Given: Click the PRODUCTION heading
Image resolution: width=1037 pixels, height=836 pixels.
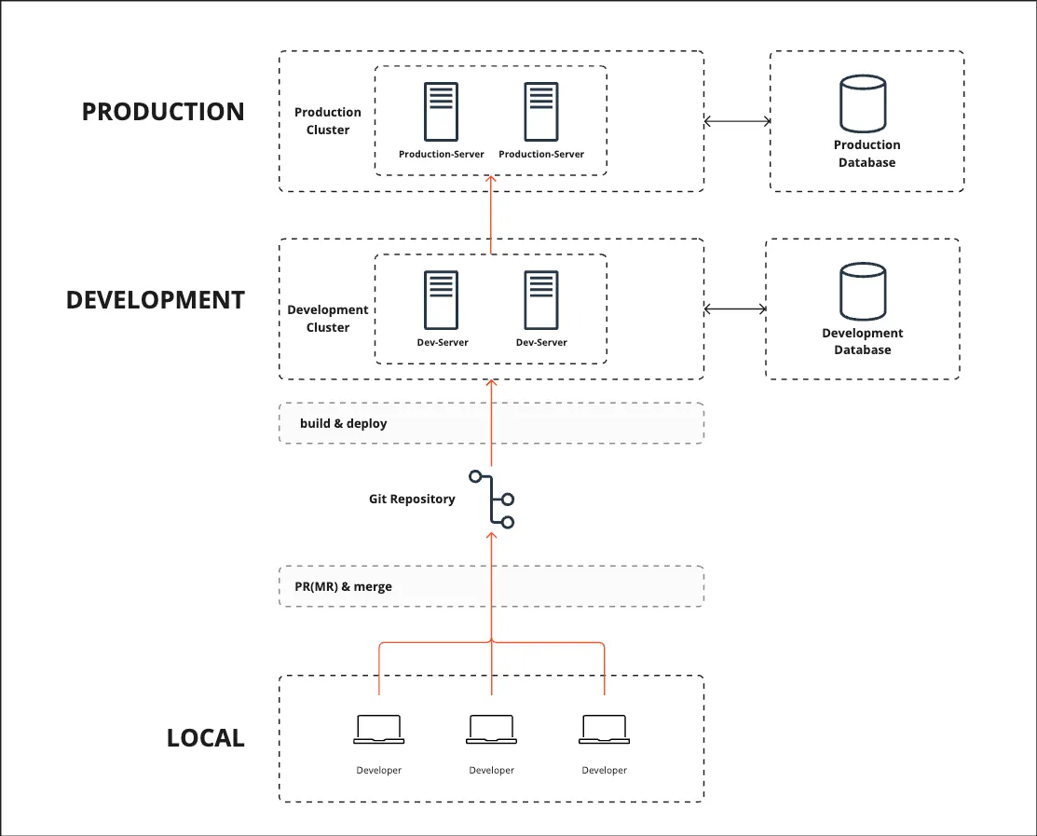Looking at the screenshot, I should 163,112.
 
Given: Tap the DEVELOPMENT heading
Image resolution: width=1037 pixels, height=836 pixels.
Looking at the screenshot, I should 156,300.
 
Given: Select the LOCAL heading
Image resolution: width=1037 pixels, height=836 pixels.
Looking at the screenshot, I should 206,738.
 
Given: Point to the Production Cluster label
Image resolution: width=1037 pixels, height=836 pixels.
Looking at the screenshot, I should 328,121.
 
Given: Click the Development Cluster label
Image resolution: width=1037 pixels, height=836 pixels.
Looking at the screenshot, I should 328,319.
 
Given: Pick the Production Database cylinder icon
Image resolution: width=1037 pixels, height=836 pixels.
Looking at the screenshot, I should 863,105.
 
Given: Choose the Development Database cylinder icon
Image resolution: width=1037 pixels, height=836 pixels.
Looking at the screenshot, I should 863,292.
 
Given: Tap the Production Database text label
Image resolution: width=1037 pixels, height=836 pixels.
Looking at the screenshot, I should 867,154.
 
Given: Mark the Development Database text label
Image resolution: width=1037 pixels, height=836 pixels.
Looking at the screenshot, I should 863,341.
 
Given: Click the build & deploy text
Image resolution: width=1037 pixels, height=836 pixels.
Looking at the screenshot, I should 344,423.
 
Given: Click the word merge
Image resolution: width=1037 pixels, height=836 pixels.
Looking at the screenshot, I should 373,587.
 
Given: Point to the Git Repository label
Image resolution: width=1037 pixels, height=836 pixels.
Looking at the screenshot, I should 412,499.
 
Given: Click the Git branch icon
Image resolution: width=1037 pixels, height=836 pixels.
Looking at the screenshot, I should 493,500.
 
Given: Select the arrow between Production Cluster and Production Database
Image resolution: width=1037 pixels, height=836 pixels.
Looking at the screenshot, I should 737,121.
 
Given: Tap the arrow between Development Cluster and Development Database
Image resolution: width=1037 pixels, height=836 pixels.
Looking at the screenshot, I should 734,309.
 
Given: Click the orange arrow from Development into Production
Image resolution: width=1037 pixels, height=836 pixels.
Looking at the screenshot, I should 492,216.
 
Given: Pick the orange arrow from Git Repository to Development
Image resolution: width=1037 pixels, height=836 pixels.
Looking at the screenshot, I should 492,424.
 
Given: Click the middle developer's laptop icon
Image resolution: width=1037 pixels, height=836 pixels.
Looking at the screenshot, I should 492,729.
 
